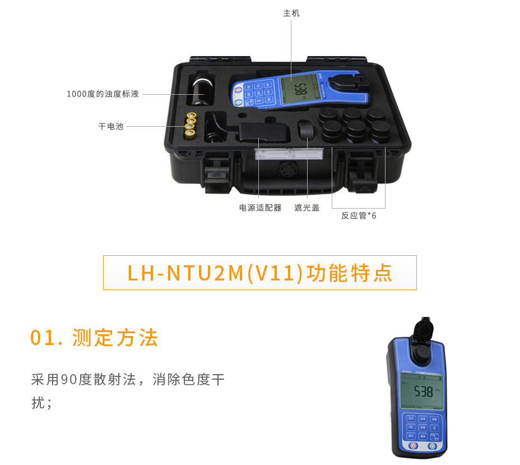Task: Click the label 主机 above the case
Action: pyautogui.click(x=291, y=13)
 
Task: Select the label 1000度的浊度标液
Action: pyautogui.click(x=103, y=94)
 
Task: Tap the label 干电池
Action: pyautogui.click(x=111, y=127)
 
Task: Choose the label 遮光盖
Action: pyautogui.click(x=307, y=208)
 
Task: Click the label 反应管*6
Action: pyautogui.click(x=359, y=215)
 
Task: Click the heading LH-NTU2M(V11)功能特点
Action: pyautogui.click(x=260, y=273)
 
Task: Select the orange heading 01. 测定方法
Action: pyautogui.click(x=95, y=338)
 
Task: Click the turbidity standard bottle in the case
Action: pyautogui.click(x=200, y=91)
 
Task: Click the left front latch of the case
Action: pyautogui.click(x=213, y=173)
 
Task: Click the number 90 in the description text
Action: pyautogui.click(x=69, y=380)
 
